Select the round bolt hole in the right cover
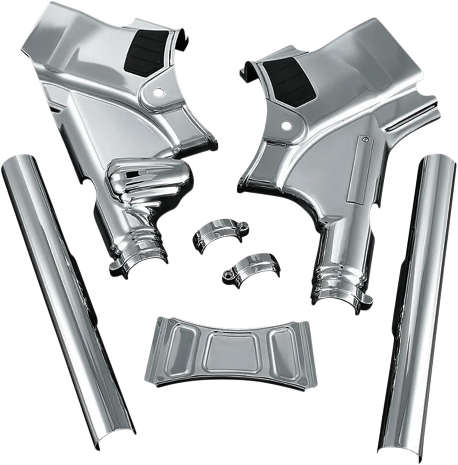(287, 125)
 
